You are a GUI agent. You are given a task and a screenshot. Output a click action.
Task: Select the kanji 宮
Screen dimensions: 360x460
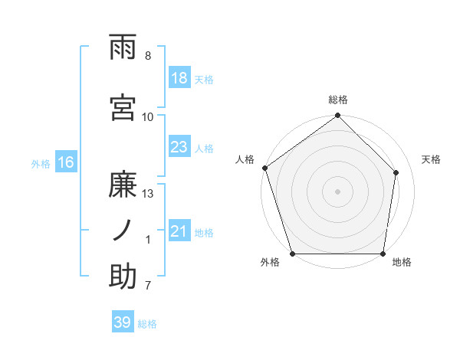[x=124, y=108]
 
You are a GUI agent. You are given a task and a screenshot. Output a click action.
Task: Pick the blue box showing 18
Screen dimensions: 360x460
[x=179, y=78]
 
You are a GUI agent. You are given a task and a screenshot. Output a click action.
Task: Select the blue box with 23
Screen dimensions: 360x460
[x=179, y=147]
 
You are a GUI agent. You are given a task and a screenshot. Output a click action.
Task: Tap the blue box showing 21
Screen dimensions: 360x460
[x=179, y=231]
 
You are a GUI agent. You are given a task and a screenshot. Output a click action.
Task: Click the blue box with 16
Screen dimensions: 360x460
[x=65, y=162]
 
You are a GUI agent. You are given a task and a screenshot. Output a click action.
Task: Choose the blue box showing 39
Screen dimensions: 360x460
[x=123, y=322]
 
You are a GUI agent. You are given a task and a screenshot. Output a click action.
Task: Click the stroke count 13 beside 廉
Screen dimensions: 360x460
[x=149, y=193]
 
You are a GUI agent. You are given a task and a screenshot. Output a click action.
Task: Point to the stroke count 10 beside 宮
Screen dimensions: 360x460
[x=148, y=116]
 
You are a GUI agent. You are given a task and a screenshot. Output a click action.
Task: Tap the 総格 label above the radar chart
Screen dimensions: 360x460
[x=338, y=100]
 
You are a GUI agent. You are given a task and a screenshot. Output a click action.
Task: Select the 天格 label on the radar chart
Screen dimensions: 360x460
[x=432, y=159]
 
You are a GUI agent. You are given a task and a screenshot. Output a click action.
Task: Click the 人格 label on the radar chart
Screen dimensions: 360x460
[x=245, y=159]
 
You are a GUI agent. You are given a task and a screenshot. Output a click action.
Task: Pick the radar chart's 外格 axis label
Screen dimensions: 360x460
[x=270, y=263]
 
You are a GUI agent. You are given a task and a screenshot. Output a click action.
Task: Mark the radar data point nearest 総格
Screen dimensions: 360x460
[x=338, y=116]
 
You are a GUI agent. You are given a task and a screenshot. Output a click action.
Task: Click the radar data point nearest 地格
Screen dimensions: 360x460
[x=383, y=254]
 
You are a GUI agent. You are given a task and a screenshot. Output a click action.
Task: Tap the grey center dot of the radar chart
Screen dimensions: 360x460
[x=338, y=191]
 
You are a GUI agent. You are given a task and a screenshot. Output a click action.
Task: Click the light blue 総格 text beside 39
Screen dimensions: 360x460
[x=148, y=324]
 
